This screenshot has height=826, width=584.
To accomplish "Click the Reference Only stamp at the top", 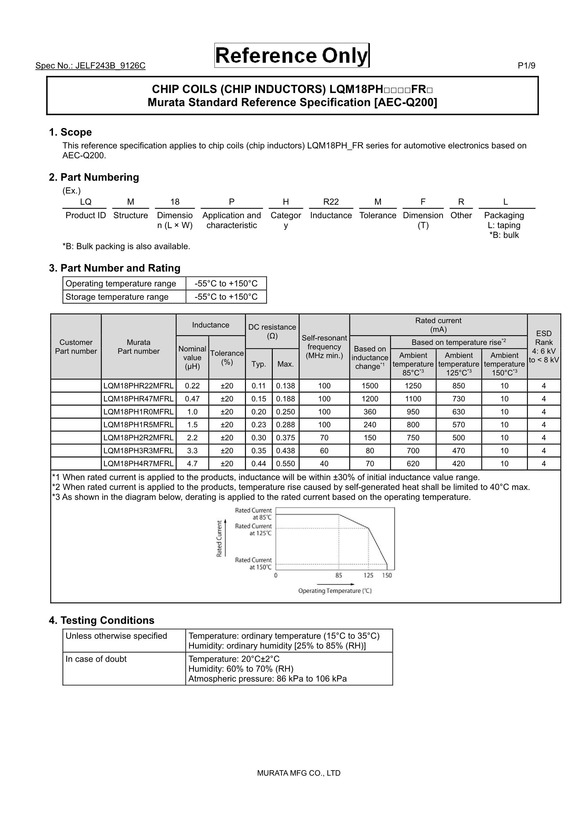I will click(x=292, y=56).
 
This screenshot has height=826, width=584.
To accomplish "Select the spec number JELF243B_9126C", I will click(x=90, y=66).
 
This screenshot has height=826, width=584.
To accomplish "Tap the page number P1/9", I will click(x=526, y=66).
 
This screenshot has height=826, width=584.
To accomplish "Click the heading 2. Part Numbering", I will click(x=94, y=177).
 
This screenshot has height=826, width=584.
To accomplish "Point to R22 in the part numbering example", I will click(x=331, y=202).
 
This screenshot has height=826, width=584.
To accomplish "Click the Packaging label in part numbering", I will click(x=504, y=216).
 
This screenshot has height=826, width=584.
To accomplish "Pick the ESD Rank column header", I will click(x=543, y=346).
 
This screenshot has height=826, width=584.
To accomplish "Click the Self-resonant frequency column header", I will click(x=324, y=347).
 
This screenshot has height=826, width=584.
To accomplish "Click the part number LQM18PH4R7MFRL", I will click(x=138, y=464).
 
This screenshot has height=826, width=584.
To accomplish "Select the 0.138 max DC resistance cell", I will click(x=285, y=386).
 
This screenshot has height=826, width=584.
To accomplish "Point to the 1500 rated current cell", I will click(x=370, y=386).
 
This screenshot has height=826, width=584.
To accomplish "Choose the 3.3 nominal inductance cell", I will click(x=192, y=451).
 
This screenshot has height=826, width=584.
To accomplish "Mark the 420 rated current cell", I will click(x=458, y=464).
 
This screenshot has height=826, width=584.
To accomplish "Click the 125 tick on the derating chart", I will click(x=368, y=575).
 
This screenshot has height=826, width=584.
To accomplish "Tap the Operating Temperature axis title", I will click(x=335, y=591).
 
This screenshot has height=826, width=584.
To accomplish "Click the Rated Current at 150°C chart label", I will click(x=253, y=563).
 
